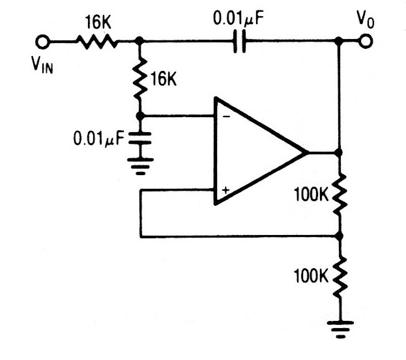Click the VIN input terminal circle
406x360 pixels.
point(42,42)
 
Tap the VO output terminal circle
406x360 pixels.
point(366,41)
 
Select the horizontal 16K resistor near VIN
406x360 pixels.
point(97,42)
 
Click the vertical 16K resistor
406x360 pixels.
point(140,78)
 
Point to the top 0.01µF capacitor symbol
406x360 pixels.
point(239,41)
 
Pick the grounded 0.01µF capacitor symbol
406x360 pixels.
point(140,138)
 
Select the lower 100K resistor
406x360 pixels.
point(340,277)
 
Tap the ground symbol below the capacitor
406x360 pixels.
point(140,166)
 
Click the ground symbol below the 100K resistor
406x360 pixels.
point(340,329)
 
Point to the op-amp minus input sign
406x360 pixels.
point(226,117)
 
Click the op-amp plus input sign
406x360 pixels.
point(225,190)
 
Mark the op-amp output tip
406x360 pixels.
point(308,152)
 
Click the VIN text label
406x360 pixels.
point(42,65)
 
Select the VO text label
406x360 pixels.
point(366,19)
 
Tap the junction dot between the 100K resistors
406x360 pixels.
point(339,236)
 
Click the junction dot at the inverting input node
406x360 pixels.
point(140,116)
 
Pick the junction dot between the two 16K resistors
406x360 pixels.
point(139,40)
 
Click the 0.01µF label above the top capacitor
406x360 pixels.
point(239,19)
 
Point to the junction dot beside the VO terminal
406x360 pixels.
point(339,40)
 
